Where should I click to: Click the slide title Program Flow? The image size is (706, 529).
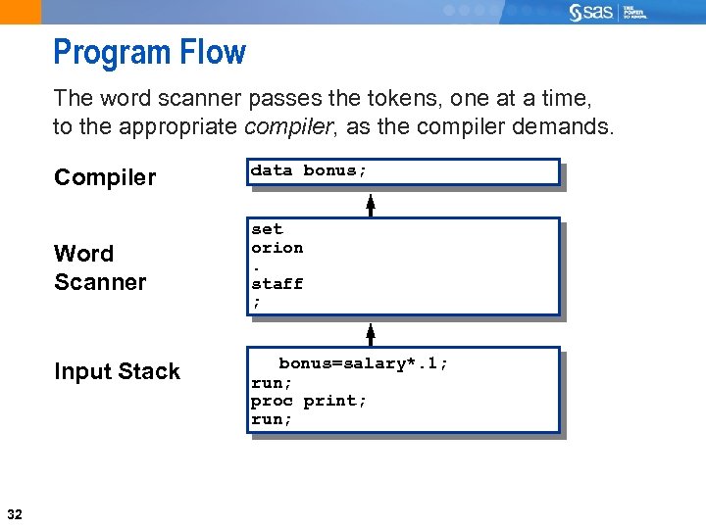pos(149,52)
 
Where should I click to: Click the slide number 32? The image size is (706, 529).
pos(15,514)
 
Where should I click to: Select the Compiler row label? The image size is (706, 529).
pos(105,177)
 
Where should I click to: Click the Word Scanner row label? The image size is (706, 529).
pos(100,267)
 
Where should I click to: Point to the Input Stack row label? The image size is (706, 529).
pos(117,371)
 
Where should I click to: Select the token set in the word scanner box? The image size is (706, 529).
pos(267,229)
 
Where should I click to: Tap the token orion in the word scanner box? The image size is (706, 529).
pos(277,248)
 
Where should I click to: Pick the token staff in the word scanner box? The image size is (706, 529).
pos(277,284)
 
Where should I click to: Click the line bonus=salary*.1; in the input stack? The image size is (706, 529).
pos(364,363)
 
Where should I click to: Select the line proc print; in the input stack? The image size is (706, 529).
pos(309,401)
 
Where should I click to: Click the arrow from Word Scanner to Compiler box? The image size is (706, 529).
pos(371,203)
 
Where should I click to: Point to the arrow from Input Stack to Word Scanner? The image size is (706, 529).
pos(371,332)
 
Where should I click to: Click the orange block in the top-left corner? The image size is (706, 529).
pos(21,12)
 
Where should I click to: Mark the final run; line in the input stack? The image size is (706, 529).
pos(272,419)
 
